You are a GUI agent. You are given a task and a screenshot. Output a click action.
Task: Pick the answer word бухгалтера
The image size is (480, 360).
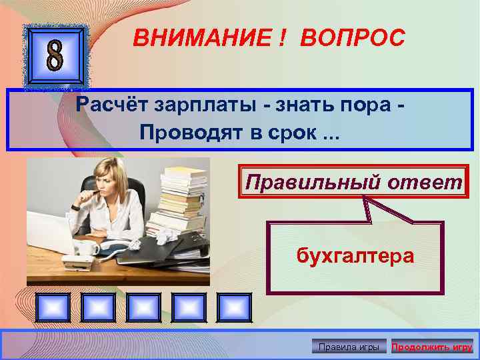pos(355,255)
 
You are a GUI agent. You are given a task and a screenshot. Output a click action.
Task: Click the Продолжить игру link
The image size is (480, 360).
pos(432,347)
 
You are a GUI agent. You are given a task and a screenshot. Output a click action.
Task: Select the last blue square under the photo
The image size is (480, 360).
pos(233,308)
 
